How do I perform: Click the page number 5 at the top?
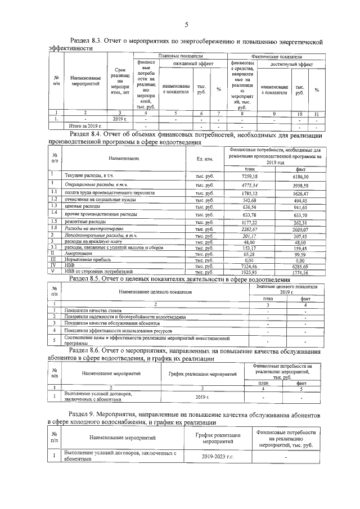[186, 24]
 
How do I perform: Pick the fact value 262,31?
[301, 223]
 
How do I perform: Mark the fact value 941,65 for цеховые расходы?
[301, 206]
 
